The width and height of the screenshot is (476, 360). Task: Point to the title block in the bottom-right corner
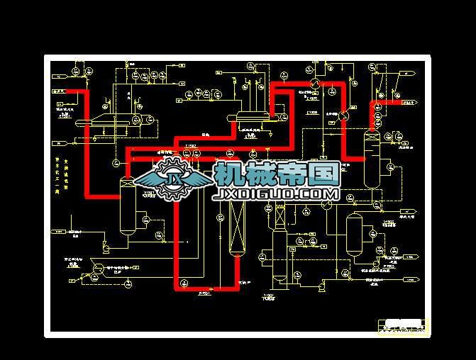[x=402, y=325]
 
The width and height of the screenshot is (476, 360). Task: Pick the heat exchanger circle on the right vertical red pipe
[x=343, y=114]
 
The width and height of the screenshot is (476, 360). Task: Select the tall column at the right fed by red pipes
[x=370, y=157]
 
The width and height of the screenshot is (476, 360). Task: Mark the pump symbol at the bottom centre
[x=321, y=286]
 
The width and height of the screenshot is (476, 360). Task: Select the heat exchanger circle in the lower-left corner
[x=98, y=267]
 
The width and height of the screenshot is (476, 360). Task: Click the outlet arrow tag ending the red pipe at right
[x=409, y=103]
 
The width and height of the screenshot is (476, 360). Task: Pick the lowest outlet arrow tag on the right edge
[x=409, y=280]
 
